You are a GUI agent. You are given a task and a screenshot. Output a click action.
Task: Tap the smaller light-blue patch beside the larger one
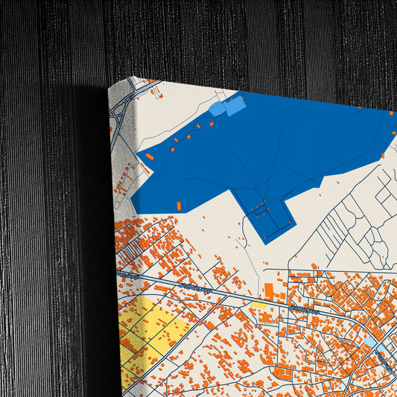(x=217, y=109)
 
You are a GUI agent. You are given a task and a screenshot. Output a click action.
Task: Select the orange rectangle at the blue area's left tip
(x=150, y=156)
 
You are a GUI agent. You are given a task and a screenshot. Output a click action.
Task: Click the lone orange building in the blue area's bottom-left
(x=178, y=206)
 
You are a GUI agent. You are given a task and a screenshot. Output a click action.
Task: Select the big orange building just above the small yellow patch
(x=269, y=290)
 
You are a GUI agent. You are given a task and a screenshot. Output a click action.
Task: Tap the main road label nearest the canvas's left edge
(x=129, y=275)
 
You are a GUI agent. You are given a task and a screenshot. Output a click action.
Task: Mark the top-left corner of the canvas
(x=109, y=86)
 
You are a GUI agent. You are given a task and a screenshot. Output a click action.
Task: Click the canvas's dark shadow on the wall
(x=93, y=223)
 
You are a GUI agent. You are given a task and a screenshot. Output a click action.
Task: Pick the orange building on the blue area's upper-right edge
(x=391, y=112)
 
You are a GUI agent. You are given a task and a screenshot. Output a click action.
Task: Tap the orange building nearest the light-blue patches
(x=209, y=124)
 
